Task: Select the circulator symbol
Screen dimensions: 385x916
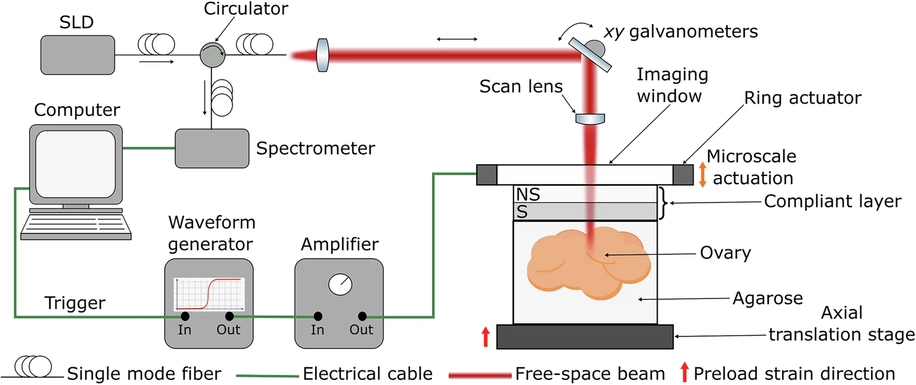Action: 211,55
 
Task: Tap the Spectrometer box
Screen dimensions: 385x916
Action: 212,148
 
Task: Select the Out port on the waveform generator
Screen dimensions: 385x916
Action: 229,316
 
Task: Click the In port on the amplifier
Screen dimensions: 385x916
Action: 317,316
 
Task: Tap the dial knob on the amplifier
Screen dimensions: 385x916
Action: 340,285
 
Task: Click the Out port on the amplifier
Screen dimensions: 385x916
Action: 362,316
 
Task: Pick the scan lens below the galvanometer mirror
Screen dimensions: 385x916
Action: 591,117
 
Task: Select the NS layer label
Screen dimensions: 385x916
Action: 528,194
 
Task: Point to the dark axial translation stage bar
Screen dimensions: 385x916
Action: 586,336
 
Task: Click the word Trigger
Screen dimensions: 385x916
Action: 75,304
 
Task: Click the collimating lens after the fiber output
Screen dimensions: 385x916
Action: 323,55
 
